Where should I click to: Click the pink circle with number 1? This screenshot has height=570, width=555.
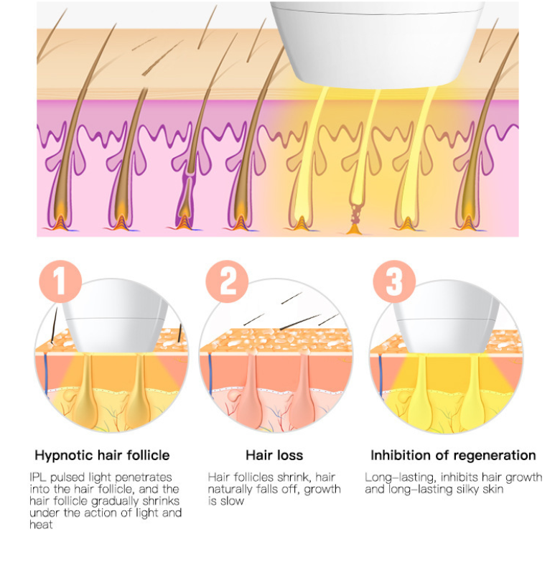60,281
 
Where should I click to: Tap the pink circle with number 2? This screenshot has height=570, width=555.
227,281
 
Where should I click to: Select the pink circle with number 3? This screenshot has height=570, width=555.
394,281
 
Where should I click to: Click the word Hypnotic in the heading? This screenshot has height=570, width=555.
64,455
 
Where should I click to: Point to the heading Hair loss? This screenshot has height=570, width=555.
274,455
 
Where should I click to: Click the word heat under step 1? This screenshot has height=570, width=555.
41,525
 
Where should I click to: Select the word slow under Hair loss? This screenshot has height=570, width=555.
231,501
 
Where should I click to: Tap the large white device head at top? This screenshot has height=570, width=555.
376,44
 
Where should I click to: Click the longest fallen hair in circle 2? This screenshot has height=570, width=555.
300,322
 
